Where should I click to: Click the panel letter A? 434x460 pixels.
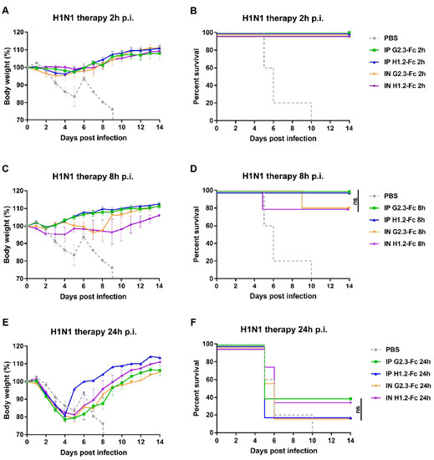[x=6, y=9]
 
